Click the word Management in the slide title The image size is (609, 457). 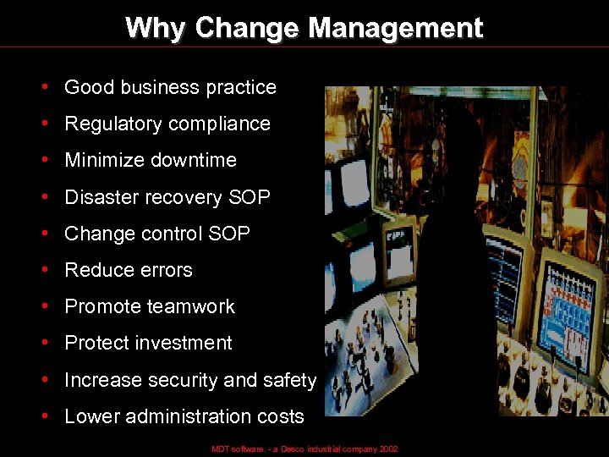coord(395,28)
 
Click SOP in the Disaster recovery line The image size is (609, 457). coord(249,197)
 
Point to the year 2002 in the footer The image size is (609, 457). coord(388,449)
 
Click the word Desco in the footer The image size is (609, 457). coord(293,449)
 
